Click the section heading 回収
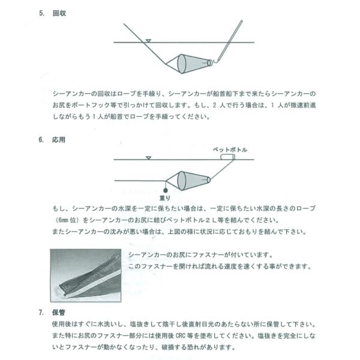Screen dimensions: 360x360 59,13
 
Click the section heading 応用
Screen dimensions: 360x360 59,140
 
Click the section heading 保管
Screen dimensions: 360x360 59,312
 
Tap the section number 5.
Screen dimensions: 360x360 41,13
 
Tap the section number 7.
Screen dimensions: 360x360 41,312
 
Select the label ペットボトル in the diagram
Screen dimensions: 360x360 230,149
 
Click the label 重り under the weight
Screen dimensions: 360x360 165,197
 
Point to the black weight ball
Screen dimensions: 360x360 166,190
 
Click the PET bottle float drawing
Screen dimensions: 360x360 227,157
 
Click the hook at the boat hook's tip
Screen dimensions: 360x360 215,61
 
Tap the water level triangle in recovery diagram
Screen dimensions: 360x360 148,41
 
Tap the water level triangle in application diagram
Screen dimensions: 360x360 149,158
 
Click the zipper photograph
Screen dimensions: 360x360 86,275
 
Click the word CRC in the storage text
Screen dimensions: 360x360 181,335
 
